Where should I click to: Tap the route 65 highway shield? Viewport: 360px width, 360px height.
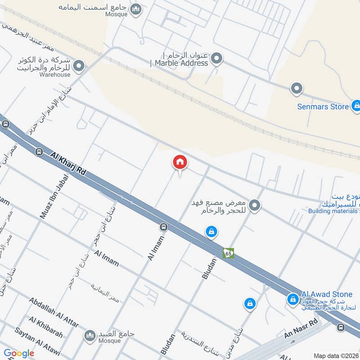pyautogui.click(x=229, y=253)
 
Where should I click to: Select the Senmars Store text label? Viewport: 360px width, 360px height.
pyautogui.click(x=323, y=107)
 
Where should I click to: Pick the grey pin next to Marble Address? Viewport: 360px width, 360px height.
pyautogui.click(x=217, y=58)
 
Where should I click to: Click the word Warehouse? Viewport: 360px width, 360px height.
pyautogui.click(x=54, y=75)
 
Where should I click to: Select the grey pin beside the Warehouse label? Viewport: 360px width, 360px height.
pyautogui.click(x=79, y=67)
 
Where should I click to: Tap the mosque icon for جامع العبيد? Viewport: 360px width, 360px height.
pyautogui.click(x=90, y=335)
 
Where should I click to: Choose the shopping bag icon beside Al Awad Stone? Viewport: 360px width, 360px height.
pyautogui.click(x=293, y=299)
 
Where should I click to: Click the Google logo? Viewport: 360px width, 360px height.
pyautogui.click(x=19, y=353)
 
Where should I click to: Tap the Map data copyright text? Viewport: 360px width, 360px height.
pyautogui.click(x=336, y=356)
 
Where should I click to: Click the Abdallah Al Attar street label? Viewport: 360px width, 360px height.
pyautogui.click(x=54, y=312)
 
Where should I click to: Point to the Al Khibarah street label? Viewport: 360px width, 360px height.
pyautogui.click(x=45, y=327)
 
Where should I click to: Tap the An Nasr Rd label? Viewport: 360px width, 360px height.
pyautogui.click(x=301, y=329)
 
